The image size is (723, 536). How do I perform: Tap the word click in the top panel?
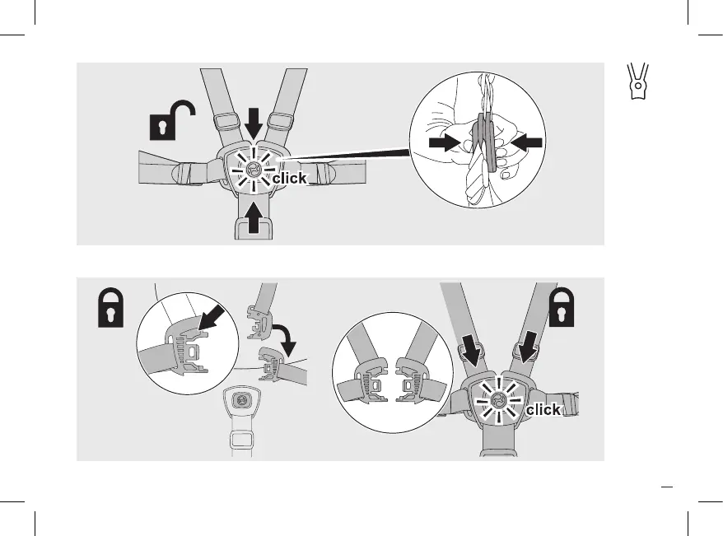pos(289,178)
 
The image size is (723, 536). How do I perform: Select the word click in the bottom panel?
pos(543,409)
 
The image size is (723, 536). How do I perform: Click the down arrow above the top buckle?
pos(254,123)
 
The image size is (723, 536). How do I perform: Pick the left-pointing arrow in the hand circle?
pos(525,142)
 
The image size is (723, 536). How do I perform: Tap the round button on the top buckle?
pos(254,170)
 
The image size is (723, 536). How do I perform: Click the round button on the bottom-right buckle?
pos(496,403)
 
